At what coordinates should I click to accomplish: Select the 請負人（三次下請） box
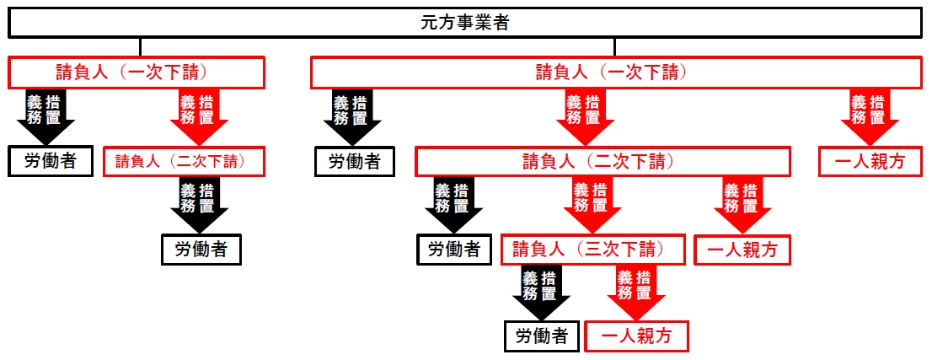[593, 250]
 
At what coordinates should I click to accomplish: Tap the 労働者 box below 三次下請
[542, 336]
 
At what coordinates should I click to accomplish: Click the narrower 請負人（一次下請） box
[137, 73]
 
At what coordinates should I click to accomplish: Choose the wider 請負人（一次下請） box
[615, 73]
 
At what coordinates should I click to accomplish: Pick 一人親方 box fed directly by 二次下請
[742, 250]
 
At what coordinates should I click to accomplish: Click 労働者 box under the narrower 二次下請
[201, 250]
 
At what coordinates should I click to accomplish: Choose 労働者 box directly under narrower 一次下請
[51, 161]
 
